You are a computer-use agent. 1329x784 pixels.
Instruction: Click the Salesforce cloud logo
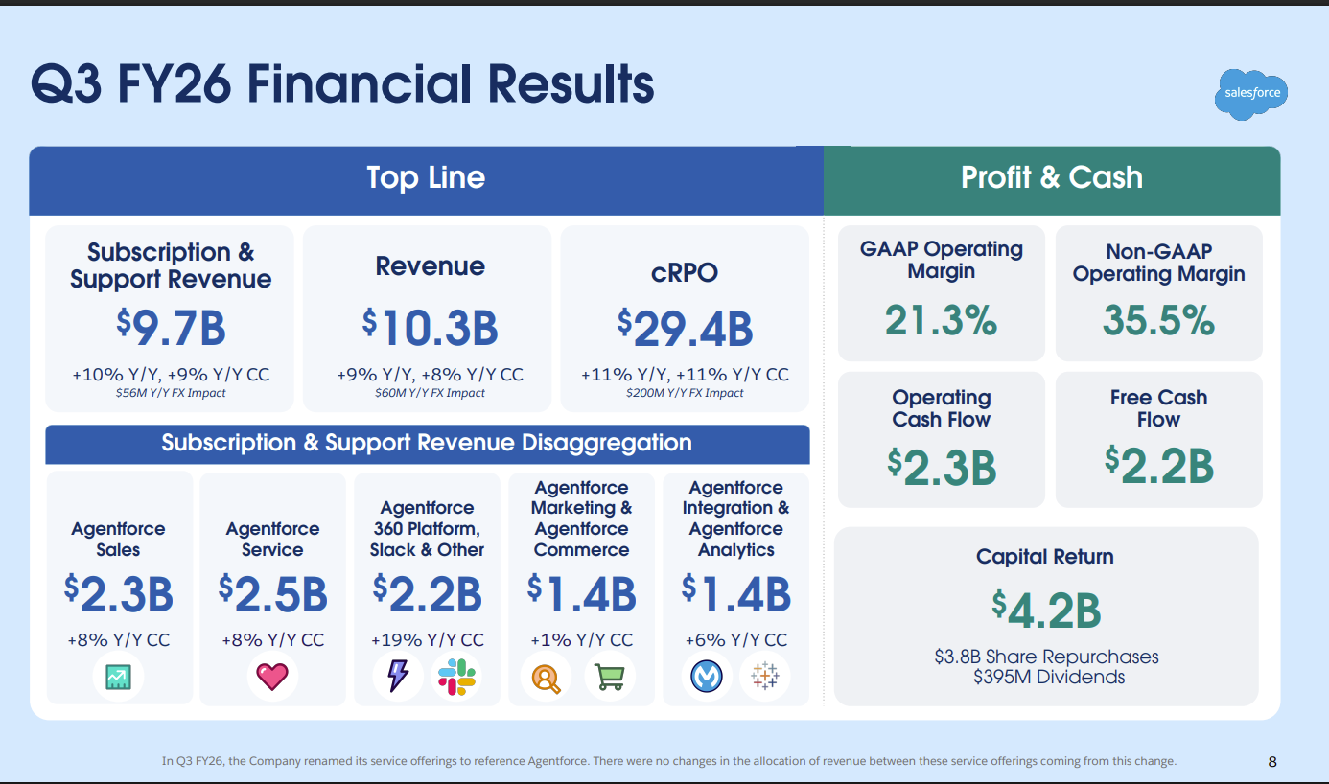(1252, 94)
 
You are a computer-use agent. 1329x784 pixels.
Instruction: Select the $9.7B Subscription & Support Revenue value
(171, 328)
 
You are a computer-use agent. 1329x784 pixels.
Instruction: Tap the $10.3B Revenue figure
(430, 328)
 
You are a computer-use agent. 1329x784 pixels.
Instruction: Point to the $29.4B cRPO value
(685, 328)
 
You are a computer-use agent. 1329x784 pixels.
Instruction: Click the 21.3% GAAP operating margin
(941, 320)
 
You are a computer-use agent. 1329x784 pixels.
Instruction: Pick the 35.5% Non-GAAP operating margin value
(1158, 320)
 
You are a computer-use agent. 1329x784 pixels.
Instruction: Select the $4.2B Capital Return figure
(1045, 611)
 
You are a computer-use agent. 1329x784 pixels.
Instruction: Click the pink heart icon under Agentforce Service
(272, 677)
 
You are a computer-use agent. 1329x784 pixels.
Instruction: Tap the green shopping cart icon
(609, 677)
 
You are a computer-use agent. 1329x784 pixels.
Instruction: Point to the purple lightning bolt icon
(398, 677)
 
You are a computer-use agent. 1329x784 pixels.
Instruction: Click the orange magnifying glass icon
(547, 677)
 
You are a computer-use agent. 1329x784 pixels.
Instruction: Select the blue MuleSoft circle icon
(707, 677)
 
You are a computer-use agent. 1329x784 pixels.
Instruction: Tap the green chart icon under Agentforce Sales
(118, 677)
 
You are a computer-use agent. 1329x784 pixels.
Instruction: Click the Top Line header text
(426, 178)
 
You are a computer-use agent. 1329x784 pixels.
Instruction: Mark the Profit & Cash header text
(1052, 177)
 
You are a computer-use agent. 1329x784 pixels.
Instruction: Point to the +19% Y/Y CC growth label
(427, 640)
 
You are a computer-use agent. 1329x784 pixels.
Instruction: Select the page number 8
(1272, 762)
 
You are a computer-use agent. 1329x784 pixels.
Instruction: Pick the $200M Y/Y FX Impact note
(685, 393)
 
